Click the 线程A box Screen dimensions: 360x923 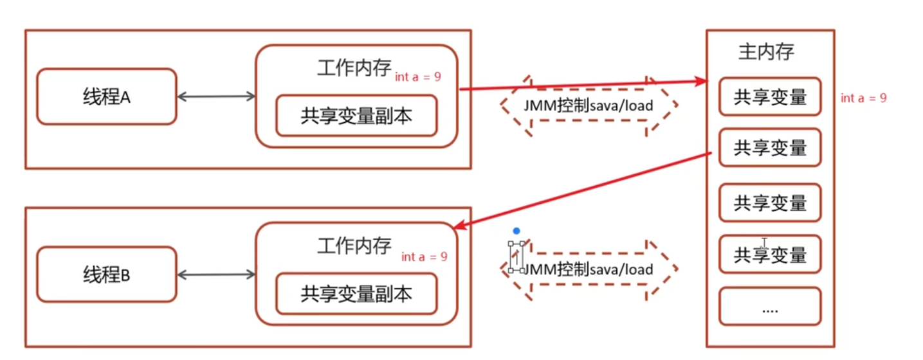point(106,96)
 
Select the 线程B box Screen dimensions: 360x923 point(106,274)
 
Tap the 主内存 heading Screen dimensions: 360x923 point(765,52)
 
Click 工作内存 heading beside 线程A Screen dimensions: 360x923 point(354,69)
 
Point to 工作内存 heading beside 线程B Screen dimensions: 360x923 point(354,246)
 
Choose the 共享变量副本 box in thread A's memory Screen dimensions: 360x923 point(356,116)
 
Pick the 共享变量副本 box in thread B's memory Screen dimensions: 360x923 point(356,294)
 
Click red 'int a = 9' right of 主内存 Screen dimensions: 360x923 point(863,98)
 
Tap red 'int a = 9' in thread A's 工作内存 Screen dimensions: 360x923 point(418,77)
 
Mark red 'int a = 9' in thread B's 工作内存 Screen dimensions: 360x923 point(424,256)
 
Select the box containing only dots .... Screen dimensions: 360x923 point(770,307)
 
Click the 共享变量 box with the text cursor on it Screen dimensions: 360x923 point(770,255)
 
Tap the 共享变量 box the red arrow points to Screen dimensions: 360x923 point(770,96)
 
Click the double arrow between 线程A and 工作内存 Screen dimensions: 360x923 point(216,96)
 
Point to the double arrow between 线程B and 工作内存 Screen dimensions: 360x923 point(216,274)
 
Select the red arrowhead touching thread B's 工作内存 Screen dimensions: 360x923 point(459,225)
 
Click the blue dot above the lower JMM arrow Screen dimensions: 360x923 point(516,231)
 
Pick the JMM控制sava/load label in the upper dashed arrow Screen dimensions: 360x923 point(589,105)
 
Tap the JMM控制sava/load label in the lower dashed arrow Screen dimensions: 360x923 point(589,269)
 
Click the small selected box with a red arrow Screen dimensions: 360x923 point(515,257)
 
